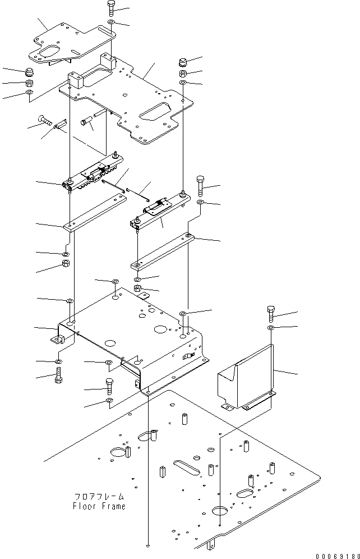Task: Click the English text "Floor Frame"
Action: [99, 506]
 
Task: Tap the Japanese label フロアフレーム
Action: [99, 497]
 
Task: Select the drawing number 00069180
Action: [336, 553]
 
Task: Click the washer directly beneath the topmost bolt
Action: [111, 22]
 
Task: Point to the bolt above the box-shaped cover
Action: [271, 313]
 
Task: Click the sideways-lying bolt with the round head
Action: [45, 120]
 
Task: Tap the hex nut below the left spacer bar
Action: [65, 264]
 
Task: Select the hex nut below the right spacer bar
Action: [137, 290]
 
